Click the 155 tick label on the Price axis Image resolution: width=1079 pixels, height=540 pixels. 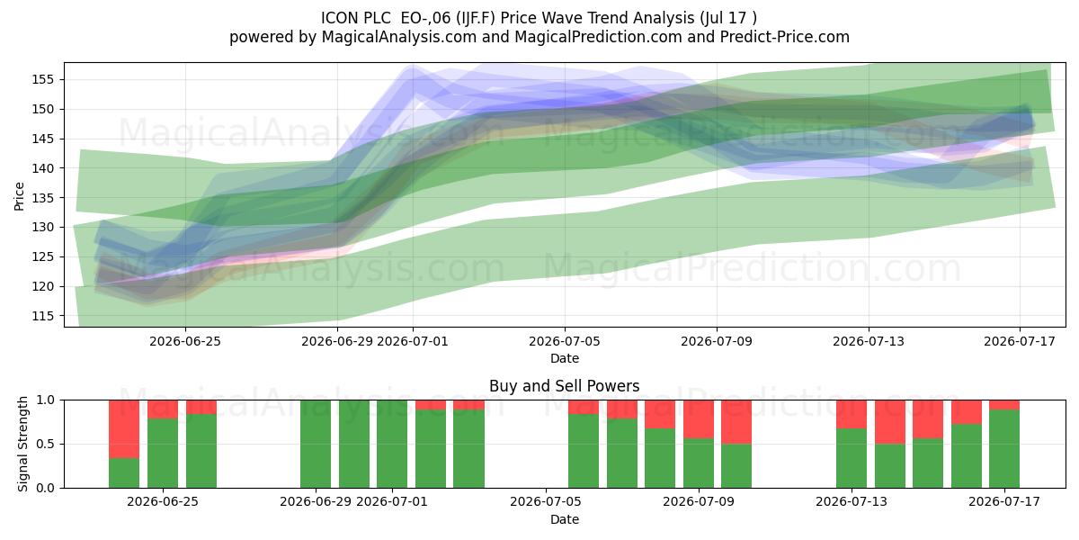42,79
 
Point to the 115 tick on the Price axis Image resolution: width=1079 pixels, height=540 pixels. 42,316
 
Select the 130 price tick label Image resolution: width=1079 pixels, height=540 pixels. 42,228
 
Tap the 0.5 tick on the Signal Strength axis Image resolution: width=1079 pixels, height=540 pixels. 45,444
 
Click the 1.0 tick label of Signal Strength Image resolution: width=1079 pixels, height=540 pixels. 45,400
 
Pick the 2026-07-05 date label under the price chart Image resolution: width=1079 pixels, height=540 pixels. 565,341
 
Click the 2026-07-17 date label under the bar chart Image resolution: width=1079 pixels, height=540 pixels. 1004,501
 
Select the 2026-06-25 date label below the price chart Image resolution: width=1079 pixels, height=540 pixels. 185,341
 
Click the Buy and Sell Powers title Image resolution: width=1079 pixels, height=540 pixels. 565,386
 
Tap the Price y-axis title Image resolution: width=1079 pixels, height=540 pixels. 19,196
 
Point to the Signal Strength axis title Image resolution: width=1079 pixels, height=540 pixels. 22,444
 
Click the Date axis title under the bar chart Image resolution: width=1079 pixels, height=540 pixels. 565,519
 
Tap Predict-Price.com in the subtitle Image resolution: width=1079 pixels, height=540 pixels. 785,37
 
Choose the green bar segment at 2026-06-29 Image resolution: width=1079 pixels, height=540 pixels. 316,444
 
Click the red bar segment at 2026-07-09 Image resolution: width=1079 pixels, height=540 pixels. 699,419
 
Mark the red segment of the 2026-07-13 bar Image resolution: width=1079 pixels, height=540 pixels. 852,414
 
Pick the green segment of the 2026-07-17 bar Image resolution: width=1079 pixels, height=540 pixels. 1004,449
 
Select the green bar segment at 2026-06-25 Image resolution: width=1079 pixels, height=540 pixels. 163,454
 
